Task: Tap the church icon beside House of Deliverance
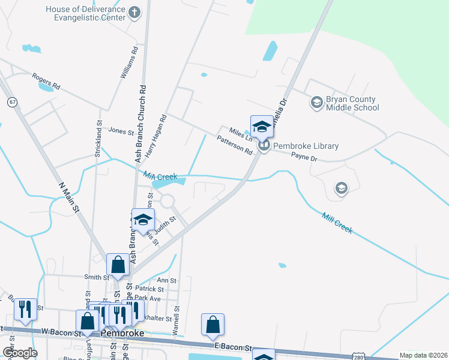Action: tap(134, 11)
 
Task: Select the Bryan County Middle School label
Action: tap(352, 103)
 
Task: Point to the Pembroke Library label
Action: tap(306, 146)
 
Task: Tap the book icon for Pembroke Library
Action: tap(263, 146)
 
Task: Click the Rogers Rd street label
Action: tap(47, 82)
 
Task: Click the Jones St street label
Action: tap(121, 130)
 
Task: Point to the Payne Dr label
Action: tap(304, 158)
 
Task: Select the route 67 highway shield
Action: tap(12, 102)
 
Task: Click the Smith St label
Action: tap(96, 277)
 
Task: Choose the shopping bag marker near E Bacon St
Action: tap(212, 325)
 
